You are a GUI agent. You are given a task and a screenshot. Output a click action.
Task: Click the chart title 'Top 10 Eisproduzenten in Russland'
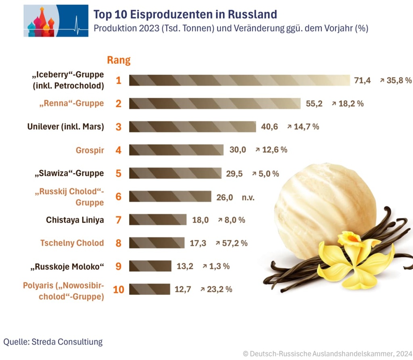(x=185, y=15)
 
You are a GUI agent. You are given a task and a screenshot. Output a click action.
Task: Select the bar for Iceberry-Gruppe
(x=240, y=80)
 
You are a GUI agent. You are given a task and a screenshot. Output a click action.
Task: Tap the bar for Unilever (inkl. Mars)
(x=192, y=127)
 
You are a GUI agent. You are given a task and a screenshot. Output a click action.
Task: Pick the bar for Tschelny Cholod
(x=157, y=243)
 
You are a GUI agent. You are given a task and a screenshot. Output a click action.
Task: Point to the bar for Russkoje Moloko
(x=150, y=266)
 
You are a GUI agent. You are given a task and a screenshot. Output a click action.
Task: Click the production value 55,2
(x=314, y=104)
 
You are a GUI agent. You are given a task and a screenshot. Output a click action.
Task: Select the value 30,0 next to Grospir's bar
(x=238, y=150)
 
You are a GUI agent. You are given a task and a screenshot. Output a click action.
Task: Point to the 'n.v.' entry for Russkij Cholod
(x=248, y=197)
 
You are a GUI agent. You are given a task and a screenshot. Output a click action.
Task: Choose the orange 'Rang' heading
(x=119, y=60)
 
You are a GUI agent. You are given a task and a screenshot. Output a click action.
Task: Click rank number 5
(x=118, y=173)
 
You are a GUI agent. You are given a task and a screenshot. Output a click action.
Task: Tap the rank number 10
(x=118, y=289)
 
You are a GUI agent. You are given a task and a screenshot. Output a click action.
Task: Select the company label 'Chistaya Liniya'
(x=75, y=220)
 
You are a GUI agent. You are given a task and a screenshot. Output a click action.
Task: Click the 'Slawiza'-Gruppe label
(x=69, y=173)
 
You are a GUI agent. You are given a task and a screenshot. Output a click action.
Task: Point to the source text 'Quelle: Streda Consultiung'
(x=53, y=342)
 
